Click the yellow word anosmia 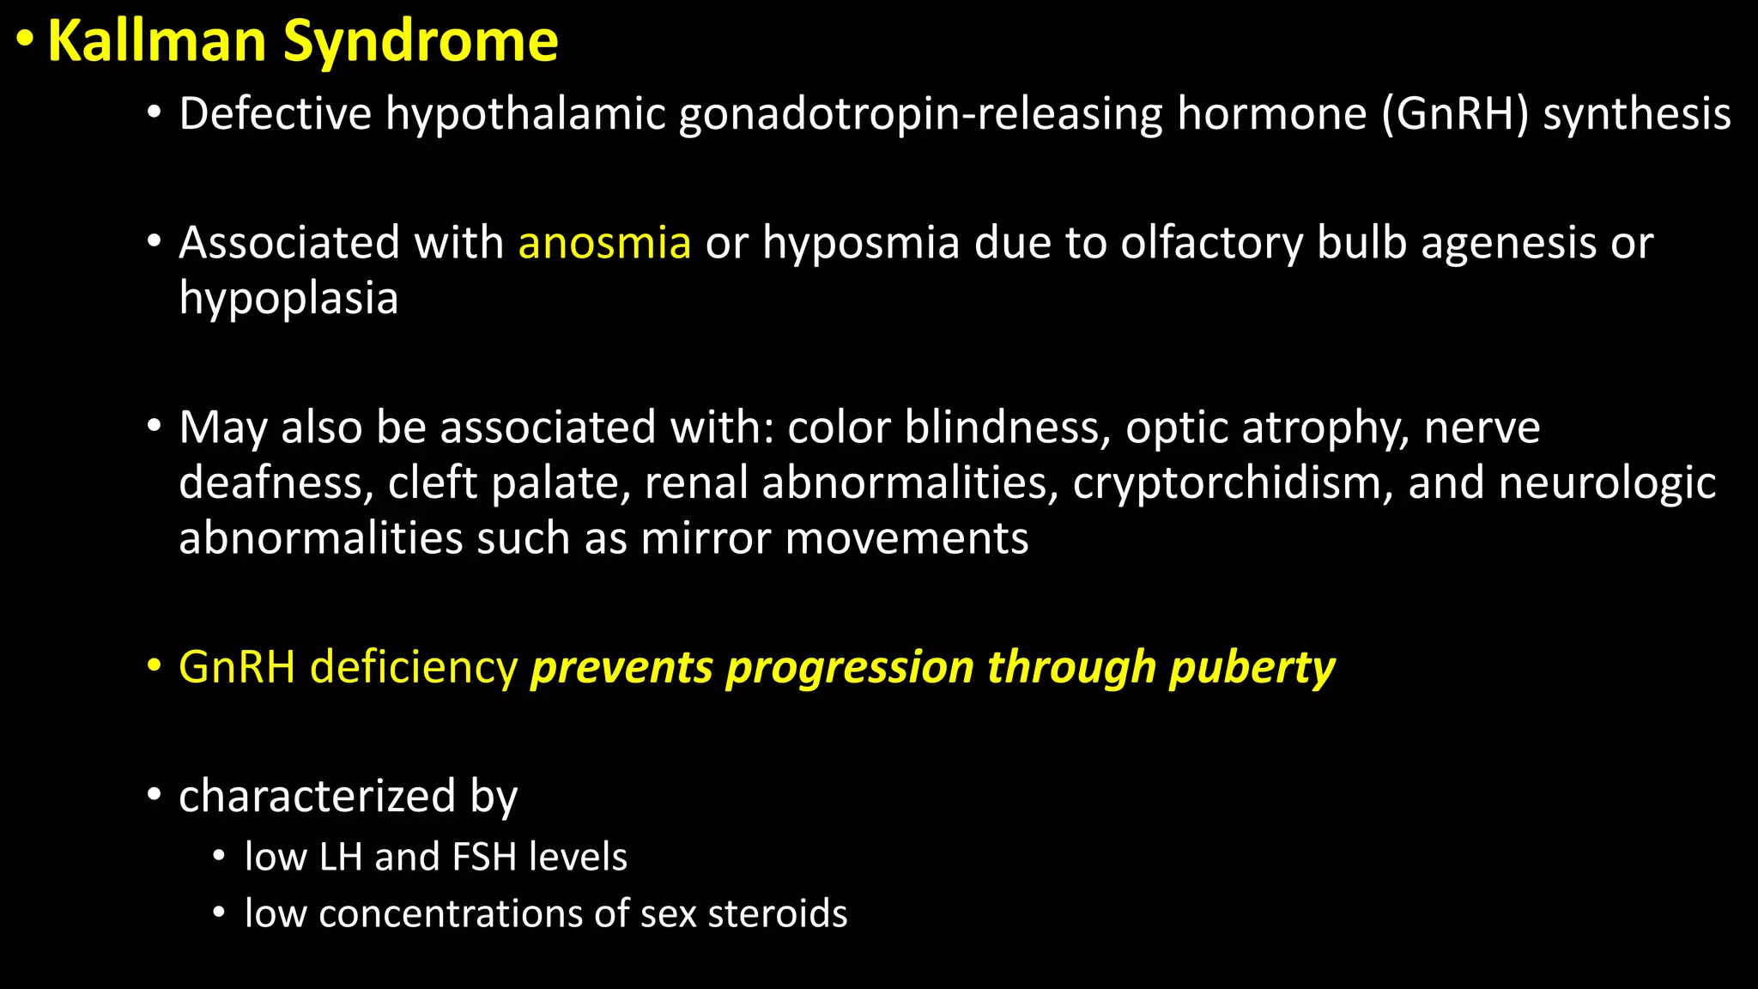coord(604,243)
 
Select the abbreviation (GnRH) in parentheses coord(1455,114)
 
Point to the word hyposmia coord(861,243)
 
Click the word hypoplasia coord(288,299)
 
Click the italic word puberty coord(1252,668)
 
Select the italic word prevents coord(621,668)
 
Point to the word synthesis coord(1636,114)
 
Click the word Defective coord(275,114)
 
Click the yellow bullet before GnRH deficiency coord(154,665)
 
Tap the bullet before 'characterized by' coord(154,794)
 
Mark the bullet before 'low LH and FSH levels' coord(220,856)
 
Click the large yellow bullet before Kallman coord(27,39)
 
